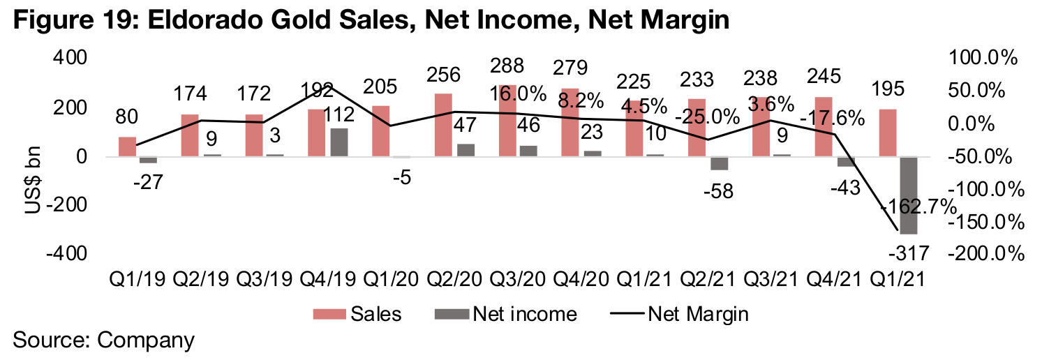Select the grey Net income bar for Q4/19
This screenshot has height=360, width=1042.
pos(338,142)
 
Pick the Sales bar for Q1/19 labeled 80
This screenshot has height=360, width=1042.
pos(127,147)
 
